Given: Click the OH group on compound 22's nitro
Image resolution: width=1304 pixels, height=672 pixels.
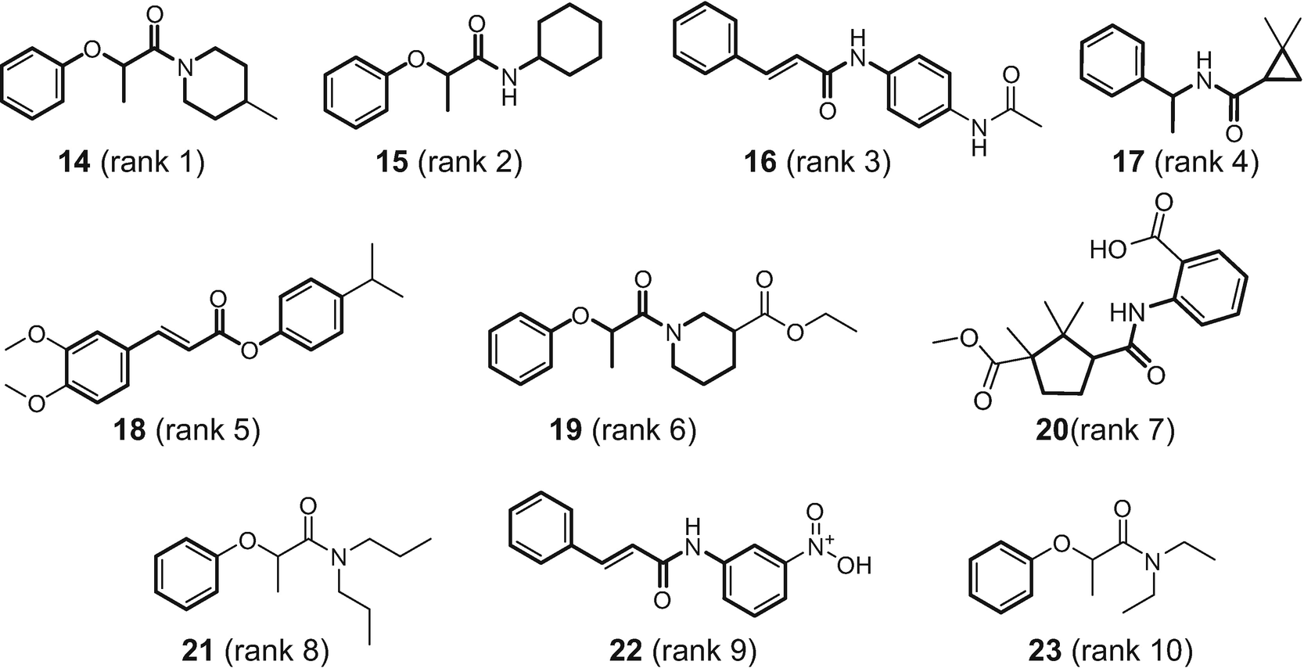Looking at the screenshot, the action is tap(853, 565).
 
